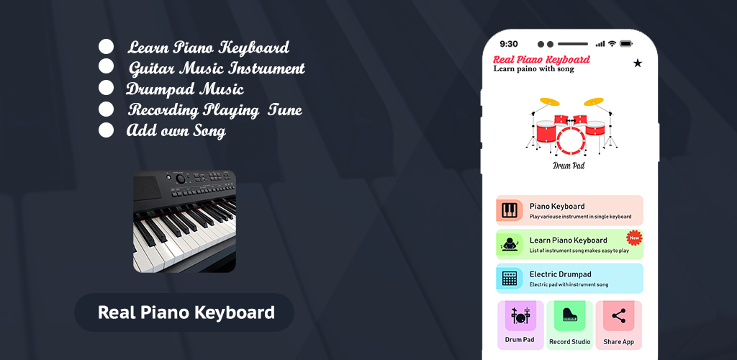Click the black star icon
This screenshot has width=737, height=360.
pos(638,63)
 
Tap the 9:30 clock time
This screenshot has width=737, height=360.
pos(509,44)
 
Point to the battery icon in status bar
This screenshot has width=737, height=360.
pos(626,44)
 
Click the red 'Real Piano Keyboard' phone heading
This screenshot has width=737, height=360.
pos(541,60)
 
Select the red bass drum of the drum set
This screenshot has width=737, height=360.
pos(571,140)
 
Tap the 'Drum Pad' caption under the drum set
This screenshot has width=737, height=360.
pos(569,166)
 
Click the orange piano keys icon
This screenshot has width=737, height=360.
pos(509,210)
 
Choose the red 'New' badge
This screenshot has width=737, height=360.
pos(635,238)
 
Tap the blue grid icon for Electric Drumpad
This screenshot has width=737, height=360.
pos(510,278)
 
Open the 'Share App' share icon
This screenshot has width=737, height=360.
pos(618,316)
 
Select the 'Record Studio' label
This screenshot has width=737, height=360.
pos(570,342)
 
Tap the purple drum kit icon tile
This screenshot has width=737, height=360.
pos(521,316)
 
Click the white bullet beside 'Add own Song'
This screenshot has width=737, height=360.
pos(107,130)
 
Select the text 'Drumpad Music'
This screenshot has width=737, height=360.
pos(185,89)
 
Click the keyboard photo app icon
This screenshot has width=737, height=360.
pos(185,221)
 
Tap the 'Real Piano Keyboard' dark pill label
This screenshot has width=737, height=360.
pos(184,312)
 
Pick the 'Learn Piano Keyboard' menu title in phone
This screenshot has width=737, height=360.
pos(569,240)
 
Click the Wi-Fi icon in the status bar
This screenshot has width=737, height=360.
pos(612,44)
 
